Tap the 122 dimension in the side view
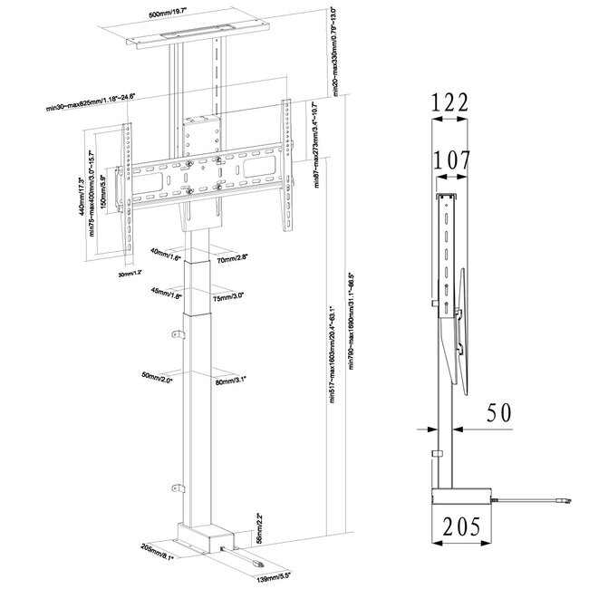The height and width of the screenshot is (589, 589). [x=450, y=103]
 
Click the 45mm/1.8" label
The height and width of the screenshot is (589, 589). [x=168, y=292]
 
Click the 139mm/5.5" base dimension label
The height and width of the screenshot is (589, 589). [x=274, y=575]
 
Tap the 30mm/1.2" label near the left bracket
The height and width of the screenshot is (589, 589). [x=130, y=272]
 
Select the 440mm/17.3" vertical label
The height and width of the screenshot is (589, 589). [x=83, y=195]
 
